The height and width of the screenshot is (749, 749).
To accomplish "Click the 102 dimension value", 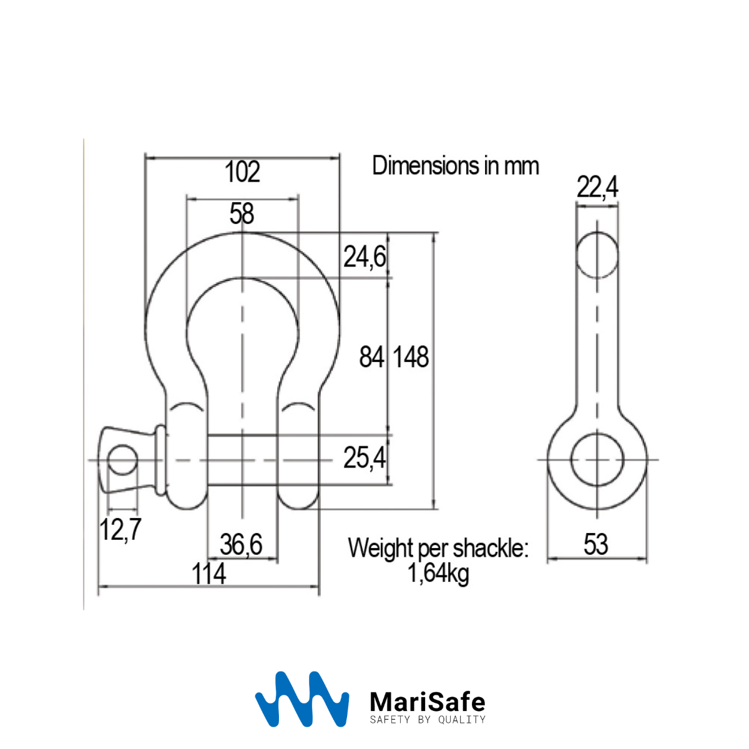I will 242,172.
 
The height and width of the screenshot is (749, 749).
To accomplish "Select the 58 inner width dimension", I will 242,213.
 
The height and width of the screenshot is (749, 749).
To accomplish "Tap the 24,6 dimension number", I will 365,257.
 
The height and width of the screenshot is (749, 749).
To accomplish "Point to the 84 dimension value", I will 371,358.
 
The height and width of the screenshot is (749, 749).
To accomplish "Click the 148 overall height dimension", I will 411,358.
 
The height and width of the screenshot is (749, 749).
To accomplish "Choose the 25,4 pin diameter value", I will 365,458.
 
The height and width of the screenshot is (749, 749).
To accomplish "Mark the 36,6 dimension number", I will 241,545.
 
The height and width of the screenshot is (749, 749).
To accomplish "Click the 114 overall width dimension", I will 208,574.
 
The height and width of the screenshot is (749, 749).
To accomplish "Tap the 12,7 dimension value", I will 120,530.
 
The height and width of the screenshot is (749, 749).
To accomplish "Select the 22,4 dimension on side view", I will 597,187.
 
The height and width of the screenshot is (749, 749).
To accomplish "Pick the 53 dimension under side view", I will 595,545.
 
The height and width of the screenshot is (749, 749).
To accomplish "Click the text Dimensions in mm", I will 455,166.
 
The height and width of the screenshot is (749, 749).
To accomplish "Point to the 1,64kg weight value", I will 438,572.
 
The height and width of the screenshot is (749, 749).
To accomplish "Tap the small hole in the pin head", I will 122,460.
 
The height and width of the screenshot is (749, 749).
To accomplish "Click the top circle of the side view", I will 597,255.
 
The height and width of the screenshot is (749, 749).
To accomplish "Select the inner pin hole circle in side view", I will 597,460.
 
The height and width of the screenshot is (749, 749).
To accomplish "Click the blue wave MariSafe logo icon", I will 301,699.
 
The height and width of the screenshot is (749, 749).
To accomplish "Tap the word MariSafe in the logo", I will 428,702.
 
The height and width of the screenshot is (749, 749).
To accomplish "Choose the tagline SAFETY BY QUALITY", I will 428,720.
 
